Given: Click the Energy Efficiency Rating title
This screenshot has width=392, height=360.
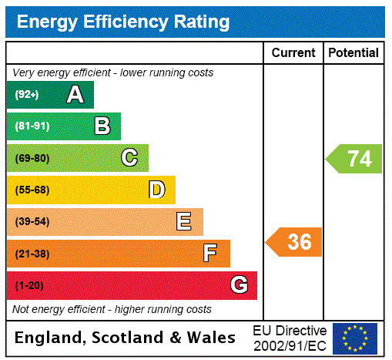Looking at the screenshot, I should tap(123, 22).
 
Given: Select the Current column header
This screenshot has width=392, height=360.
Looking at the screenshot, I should tap(293, 53).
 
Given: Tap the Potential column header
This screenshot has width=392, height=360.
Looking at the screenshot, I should tap(353, 53).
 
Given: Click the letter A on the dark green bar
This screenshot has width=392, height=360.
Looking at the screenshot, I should tap(75, 95).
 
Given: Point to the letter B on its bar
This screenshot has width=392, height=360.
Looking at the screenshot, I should tap(102, 126).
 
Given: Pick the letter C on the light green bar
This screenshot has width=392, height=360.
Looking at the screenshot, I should tap(129, 158).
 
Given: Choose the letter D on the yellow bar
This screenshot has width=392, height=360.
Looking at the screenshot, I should tap(156, 190).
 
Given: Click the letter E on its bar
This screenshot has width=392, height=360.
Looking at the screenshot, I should tap(184, 222).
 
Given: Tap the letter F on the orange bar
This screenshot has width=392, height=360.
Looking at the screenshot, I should tap(210, 254).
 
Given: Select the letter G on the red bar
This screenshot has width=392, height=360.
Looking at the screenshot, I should tap(239, 285).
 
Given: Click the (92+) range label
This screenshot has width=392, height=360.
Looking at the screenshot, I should tap(26, 95).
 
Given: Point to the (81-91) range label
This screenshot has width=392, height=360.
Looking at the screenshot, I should tap(32, 126).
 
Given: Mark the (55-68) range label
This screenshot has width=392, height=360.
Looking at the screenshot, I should tap(32, 190).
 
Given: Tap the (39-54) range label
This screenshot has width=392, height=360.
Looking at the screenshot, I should tap(32, 222).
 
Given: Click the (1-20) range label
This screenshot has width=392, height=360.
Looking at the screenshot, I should tap(29, 285).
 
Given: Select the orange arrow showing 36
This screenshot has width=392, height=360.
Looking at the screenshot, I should tap(294, 242).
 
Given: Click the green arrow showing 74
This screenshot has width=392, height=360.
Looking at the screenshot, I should tap(354, 159).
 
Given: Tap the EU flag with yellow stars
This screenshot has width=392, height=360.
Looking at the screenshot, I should tap(355, 338).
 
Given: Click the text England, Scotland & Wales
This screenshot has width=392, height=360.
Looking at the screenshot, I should tap(126, 338).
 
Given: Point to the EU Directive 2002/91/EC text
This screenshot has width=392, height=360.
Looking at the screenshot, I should tap(290, 338).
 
